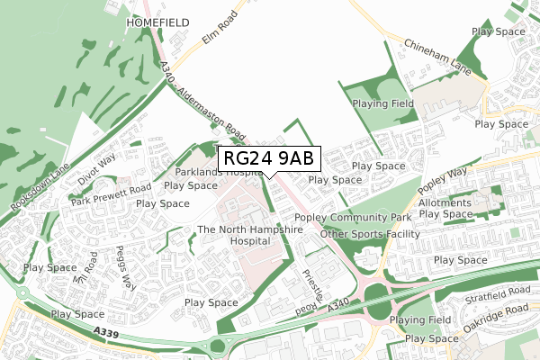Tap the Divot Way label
pyautogui.click(x=96, y=166)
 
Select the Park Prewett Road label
pyautogui.click(x=113, y=190)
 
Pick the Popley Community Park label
pyautogui.click(x=353, y=218)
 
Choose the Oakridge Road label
pyautogui.click(x=491, y=319)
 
